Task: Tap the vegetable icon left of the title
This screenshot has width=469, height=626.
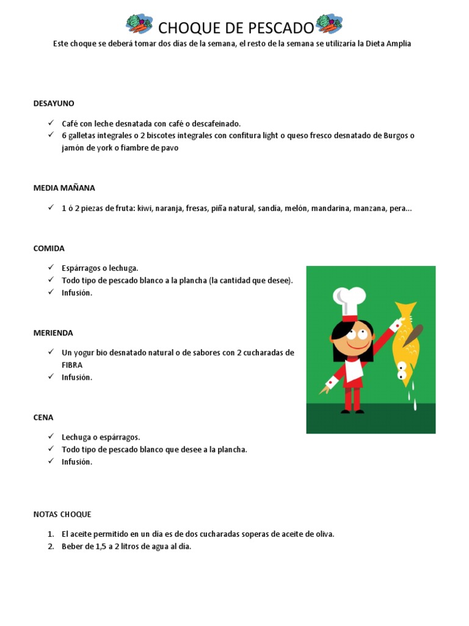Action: (139, 24)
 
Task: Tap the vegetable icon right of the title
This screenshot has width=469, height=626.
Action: (329, 24)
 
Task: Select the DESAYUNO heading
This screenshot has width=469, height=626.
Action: (54, 103)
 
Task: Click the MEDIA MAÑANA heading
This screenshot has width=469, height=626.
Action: (64, 188)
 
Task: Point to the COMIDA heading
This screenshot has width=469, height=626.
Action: (49, 249)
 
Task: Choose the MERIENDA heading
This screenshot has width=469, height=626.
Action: (53, 333)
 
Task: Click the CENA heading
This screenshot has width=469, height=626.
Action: (43, 418)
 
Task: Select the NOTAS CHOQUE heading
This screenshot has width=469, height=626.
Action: (62, 515)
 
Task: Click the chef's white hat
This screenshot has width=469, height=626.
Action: (349, 300)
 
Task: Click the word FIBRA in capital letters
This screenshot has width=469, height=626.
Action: (72, 365)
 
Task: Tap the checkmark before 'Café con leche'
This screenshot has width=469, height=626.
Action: (51, 123)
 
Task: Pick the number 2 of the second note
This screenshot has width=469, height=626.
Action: (51, 547)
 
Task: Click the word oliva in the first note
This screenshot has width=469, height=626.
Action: (325, 534)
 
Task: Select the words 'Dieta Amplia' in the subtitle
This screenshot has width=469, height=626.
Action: (388, 44)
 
